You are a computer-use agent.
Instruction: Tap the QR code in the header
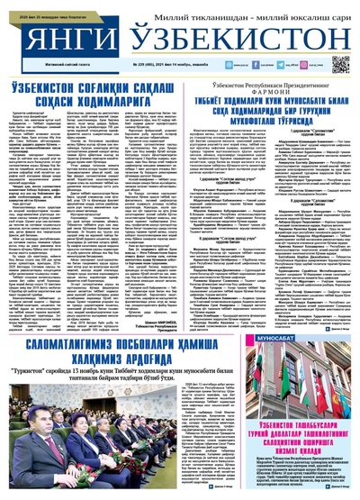tap(340, 65)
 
